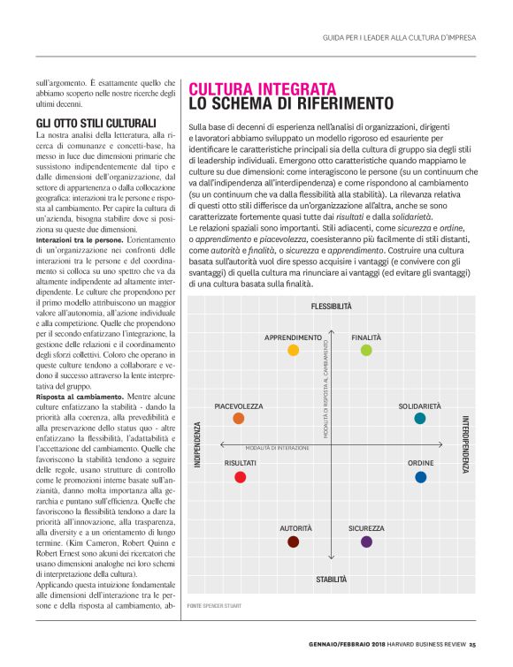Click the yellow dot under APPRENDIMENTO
pos(294,351)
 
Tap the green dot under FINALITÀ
pos(366,351)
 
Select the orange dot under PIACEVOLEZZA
pos(239,419)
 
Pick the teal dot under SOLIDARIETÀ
pos(420,418)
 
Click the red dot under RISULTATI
pos(240,477)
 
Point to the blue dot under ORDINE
pos(420,477)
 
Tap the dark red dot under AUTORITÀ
pos(294,542)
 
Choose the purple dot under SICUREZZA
pos(366,542)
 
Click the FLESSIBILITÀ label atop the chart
pos(331,307)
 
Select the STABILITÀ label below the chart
pos(331,580)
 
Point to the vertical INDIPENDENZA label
pos(198,443)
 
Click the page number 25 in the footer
pos(472,643)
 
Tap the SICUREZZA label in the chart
pos(366,528)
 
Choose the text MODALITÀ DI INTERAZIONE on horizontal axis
pos(278,449)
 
